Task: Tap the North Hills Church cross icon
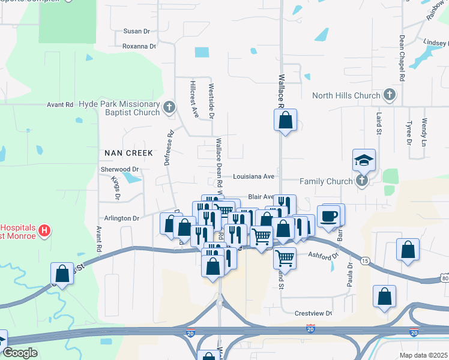pyautogui.click(x=390, y=95)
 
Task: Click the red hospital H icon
pyautogui.click(x=44, y=230)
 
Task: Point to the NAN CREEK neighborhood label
pyautogui.click(x=129, y=153)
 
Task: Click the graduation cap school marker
pyautogui.click(x=363, y=160)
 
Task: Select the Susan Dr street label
pyautogui.click(x=136, y=31)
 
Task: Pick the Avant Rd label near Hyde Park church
pyautogui.click(x=60, y=104)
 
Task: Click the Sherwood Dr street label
pyautogui.click(x=120, y=170)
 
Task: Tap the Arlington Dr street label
pyautogui.click(x=122, y=218)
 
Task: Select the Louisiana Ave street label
pyautogui.click(x=253, y=176)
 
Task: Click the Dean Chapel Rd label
pyautogui.click(x=402, y=58)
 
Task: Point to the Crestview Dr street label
pyautogui.click(x=313, y=313)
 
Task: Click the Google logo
pyautogui.click(x=19, y=353)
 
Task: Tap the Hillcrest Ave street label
pyautogui.click(x=194, y=99)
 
